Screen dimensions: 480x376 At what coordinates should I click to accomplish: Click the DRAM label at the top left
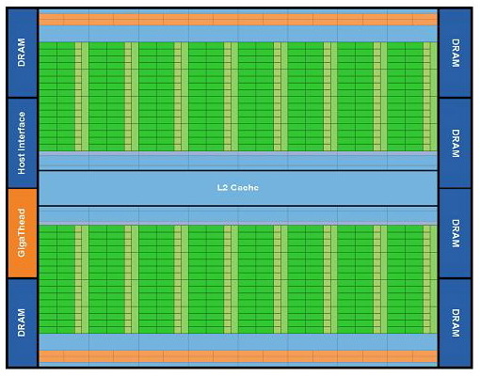click(x=22, y=53)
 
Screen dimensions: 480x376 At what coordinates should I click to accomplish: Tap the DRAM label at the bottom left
click(x=22, y=322)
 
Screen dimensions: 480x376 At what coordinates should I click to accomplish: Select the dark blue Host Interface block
click(x=23, y=143)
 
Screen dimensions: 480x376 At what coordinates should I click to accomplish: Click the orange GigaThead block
click(x=23, y=233)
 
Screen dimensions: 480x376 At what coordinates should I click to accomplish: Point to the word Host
click(x=22, y=164)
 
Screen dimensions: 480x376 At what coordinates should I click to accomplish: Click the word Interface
click(x=22, y=132)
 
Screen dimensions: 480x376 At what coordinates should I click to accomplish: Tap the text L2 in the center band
click(x=222, y=187)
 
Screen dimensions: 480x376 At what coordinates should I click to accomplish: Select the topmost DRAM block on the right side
click(x=456, y=53)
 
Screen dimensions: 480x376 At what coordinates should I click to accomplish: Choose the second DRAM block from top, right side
click(x=456, y=143)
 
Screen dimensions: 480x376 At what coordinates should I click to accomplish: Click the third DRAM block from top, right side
click(x=456, y=233)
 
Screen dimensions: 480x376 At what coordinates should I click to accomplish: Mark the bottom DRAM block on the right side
click(x=456, y=322)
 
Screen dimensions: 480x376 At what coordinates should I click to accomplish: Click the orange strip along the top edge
click(x=238, y=20)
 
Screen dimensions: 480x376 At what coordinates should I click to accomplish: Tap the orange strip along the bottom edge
click(x=238, y=356)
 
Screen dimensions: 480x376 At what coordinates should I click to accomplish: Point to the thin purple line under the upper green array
click(x=238, y=153)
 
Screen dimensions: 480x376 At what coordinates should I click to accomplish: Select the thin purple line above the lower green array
click(x=238, y=223)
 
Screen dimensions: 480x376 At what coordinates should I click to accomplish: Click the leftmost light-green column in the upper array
click(x=82, y=97)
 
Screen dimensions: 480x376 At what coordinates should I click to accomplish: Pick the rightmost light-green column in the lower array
click(x=430, y=279)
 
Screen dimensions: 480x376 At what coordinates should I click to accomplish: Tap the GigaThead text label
click(x=22, y=233)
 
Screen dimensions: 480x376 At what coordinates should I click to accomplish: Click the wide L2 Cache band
click(x=238, y=188)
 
